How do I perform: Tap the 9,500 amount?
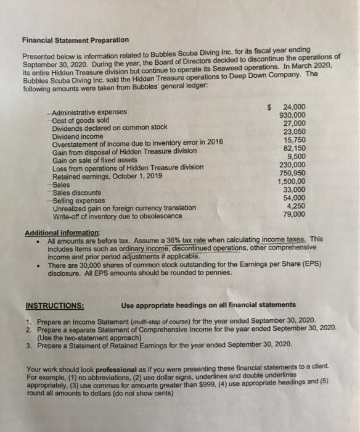point(293,156)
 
